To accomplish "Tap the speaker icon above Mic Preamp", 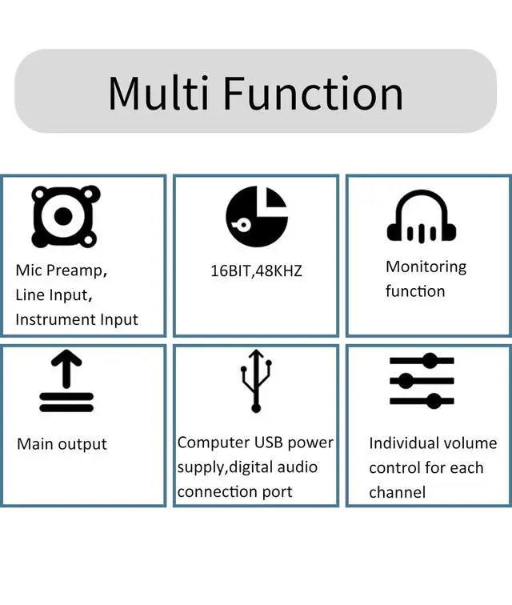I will (x=66, y=216).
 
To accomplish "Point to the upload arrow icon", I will (x=66, y=383).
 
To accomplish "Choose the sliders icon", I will (x=422, y=380).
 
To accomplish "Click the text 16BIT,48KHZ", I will (x=256, y=270).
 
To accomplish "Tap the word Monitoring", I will (x=426, y=266).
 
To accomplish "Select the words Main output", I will (x=62, y=444).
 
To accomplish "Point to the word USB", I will (x=269, y=443).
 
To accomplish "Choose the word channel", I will (x=398, y=492).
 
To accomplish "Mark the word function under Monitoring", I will (x=415, y=291).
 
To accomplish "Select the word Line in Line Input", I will (x=29, y=295).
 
